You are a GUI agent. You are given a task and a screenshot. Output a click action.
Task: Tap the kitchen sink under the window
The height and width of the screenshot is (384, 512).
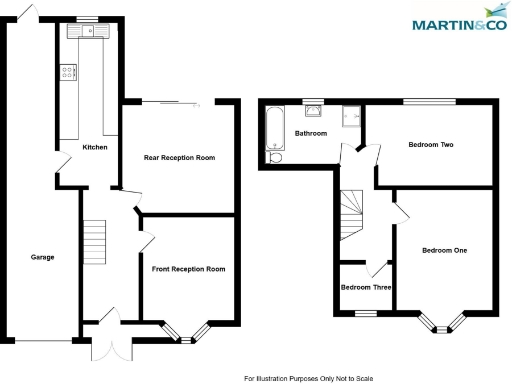[86, 32]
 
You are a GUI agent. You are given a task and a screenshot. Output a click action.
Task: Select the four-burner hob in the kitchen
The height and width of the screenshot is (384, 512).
[69, 72]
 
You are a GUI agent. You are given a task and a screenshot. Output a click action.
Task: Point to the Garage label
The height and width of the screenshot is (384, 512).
[42, 257]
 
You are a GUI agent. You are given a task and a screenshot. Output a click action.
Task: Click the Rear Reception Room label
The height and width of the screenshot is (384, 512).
[180, 158]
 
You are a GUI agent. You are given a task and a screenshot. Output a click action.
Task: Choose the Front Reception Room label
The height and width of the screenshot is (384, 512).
[188, 269]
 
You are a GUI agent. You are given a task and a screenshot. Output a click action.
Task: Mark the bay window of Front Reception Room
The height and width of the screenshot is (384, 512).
[188, 333]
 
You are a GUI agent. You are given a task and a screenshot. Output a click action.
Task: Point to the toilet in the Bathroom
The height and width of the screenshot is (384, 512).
[276, 156]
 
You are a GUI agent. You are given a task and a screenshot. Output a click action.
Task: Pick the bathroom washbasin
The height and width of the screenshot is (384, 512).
[313, 111]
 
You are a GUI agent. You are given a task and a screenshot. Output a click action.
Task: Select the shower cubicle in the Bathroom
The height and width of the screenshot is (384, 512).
[351, 118]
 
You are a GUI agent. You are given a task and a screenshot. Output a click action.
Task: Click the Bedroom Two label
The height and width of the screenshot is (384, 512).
[431, 145]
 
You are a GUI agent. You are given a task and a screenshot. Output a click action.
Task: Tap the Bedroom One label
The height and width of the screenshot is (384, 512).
[444, 250]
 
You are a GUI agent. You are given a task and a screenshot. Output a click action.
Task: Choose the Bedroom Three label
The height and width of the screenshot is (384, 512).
[366, 288]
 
